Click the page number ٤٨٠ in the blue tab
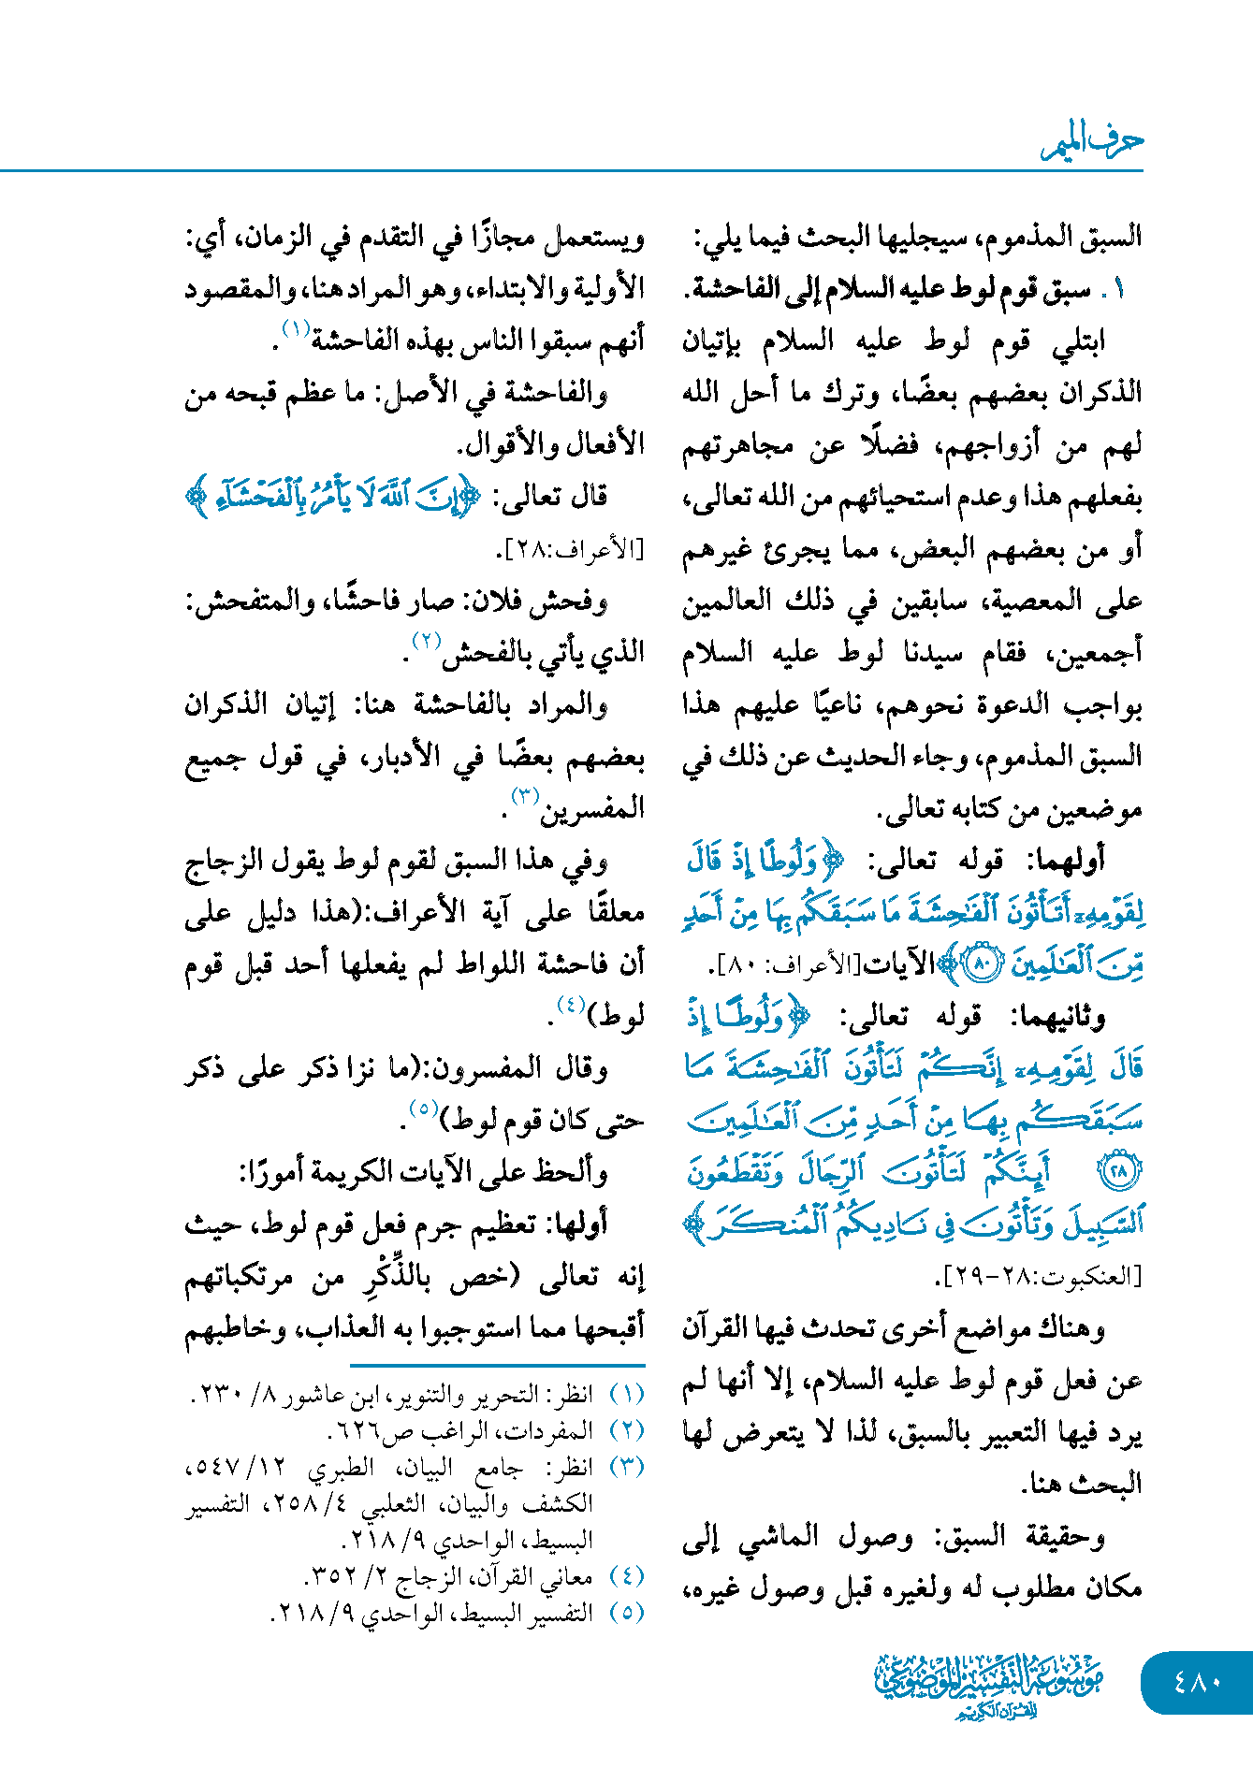(x=1197, y=1682)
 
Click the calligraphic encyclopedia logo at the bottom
(x=988, y=1685)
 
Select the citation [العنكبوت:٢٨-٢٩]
(x=1038, y=1276)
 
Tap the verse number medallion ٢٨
(x=1119, y=1170)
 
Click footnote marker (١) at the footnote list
(x=627, y=1395)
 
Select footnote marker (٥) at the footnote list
(x=627, y=1613)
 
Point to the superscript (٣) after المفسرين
(x=524, y=796)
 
